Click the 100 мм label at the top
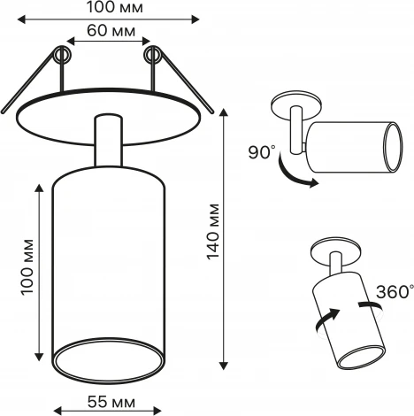coord(118,8)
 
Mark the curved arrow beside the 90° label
coord(292,173)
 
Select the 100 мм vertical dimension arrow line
coord(38,267)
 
